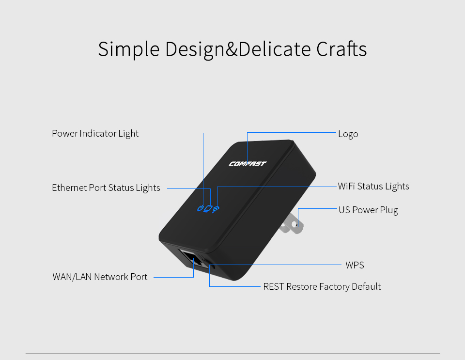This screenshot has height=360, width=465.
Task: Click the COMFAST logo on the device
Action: pos(248,163)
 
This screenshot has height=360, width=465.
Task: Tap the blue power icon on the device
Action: pos(201,208)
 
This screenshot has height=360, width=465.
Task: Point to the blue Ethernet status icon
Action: pos(208,209)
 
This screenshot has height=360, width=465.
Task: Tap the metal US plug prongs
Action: pos(292,224)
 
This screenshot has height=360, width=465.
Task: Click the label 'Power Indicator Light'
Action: pos(95,134)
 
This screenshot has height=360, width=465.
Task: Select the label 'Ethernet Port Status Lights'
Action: pos(106,188)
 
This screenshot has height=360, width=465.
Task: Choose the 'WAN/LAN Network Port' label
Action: pos(100,277)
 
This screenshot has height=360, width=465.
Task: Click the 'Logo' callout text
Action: pos(348,134)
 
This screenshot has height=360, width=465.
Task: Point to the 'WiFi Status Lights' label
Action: pos(373,187)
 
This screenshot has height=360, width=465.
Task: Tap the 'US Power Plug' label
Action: pos(368,210)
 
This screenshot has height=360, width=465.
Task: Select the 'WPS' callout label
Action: pos(355,265)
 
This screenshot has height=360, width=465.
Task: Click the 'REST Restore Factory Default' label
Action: pos(322,287)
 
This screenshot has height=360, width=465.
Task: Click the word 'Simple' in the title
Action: pos(129,49)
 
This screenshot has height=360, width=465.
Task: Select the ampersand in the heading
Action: pos(232,49)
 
